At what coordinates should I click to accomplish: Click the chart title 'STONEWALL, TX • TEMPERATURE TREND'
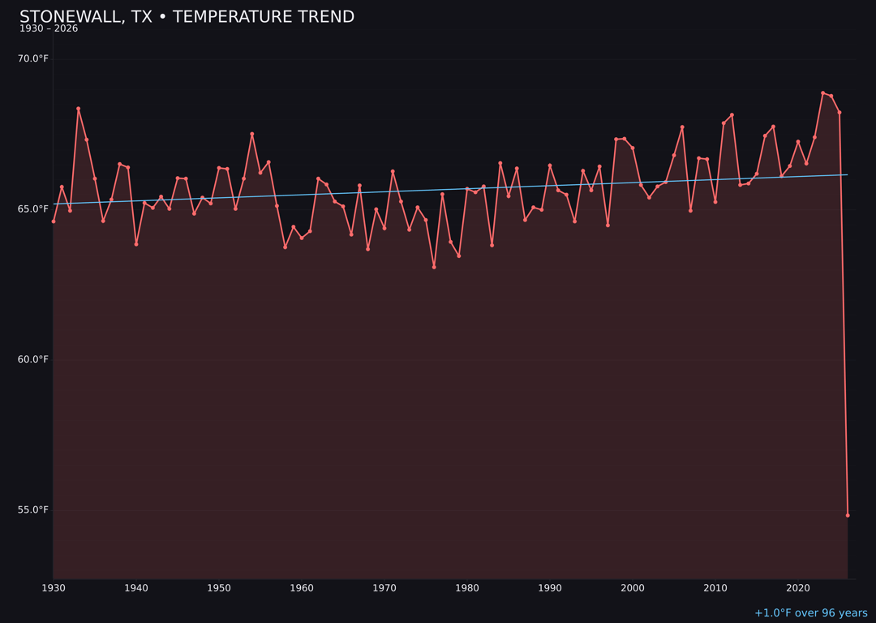[x=187, y=17]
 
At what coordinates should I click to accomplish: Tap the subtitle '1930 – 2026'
[x=49, y=29]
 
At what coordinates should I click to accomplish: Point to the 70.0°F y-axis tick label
[x=33, y=58]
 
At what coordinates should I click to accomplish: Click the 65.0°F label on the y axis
[x=33, y=208]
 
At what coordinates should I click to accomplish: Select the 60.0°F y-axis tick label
[x=33, y=359]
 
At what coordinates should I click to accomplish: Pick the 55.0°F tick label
[x=33, y=509]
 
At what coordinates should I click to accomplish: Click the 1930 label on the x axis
[x=54, y=588]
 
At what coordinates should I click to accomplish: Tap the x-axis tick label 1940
[x=136, y=588]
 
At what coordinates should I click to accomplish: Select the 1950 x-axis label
[x=219, y=588]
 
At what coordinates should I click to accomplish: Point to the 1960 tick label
[x=302, y=588]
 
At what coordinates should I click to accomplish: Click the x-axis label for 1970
[x=384, y=588]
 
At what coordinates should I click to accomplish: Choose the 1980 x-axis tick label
[x=467, y=588]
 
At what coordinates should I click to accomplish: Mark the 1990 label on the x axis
[x=550, y=588]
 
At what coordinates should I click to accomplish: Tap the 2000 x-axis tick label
[x=633, y=588]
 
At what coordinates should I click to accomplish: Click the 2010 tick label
[x=715, y=588]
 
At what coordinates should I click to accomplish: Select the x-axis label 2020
[x=798, y=588]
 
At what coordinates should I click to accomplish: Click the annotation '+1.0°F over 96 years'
[x=810, y=613]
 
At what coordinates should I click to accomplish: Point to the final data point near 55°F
[x=848, y=515]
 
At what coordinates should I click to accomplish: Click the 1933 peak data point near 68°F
[x=79, y=109]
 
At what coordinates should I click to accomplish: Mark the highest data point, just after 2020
[x=822, y=92]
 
